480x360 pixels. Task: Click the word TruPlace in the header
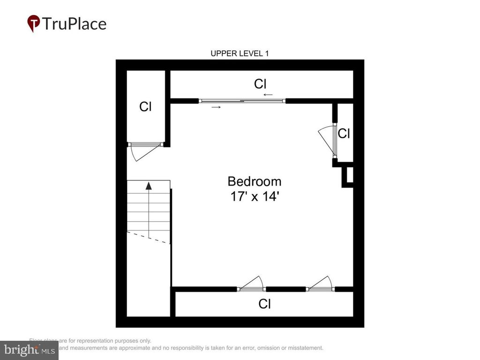pyautogui.click(x=74, y=23)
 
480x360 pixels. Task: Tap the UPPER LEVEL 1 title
pyautogui.click(x=240, y=53)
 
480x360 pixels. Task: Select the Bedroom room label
pyautogui.click(x=255, y=181)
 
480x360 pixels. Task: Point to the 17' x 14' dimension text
pyautogui.click(x=255, y=196)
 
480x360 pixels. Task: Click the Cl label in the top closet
pyautogui.click(x=260, y=84)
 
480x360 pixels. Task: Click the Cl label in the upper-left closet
pyautogui.click(x=145, y=107)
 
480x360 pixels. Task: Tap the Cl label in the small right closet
pyautogui.click(x=344, y=134)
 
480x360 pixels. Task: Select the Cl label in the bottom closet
pyautogui.click(x=264, y=304)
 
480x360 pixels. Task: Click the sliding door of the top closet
pyautogui.click(x=242, y=101)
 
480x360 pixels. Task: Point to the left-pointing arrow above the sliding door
pyautogui.click(x=268, y=95)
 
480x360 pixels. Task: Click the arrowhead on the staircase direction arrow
pyautogui.click(x=149, y=185)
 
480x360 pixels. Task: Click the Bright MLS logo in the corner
pyautogui.click(x=29, y=350)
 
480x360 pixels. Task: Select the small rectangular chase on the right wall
pyautogui.click(x=348, y=175)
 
